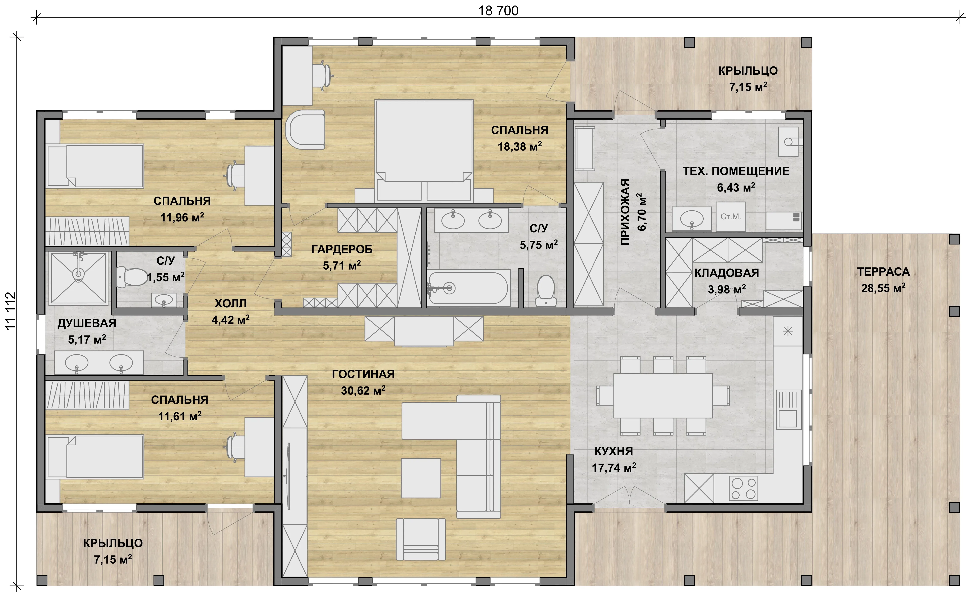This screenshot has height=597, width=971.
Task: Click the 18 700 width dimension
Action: pos(498,11)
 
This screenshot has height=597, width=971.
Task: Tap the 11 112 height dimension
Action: pos(10,310)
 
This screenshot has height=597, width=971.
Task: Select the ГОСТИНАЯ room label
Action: pos(363,374)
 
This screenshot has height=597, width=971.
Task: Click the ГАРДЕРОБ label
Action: pos(342,249)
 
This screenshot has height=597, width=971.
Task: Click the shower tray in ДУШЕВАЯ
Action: pos(79,278)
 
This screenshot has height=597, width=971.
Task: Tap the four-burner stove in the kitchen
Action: pos(743,488)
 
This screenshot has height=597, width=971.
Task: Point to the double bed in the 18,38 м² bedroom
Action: pos(424,150)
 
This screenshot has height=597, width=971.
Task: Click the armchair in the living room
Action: pos(421,539)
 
